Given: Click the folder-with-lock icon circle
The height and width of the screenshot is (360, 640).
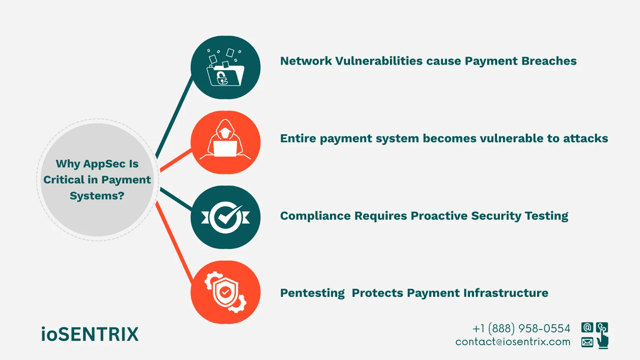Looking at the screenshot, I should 226,67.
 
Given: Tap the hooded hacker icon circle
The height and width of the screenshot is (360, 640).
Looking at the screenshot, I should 226,142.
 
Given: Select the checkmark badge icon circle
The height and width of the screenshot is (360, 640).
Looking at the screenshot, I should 226,217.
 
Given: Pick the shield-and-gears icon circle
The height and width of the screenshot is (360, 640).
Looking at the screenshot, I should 226,292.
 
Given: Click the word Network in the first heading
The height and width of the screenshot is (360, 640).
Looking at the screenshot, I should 306,61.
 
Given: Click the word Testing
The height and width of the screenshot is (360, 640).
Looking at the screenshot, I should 546,216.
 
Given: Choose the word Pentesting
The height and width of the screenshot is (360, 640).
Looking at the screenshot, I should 312,293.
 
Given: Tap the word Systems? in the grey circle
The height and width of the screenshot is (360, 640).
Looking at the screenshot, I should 97,196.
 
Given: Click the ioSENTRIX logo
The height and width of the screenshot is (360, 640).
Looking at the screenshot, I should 90,334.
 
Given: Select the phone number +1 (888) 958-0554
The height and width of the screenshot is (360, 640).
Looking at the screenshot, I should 521,329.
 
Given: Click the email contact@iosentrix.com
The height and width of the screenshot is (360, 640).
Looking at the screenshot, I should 513,342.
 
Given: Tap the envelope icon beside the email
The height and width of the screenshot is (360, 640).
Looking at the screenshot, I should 587,342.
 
